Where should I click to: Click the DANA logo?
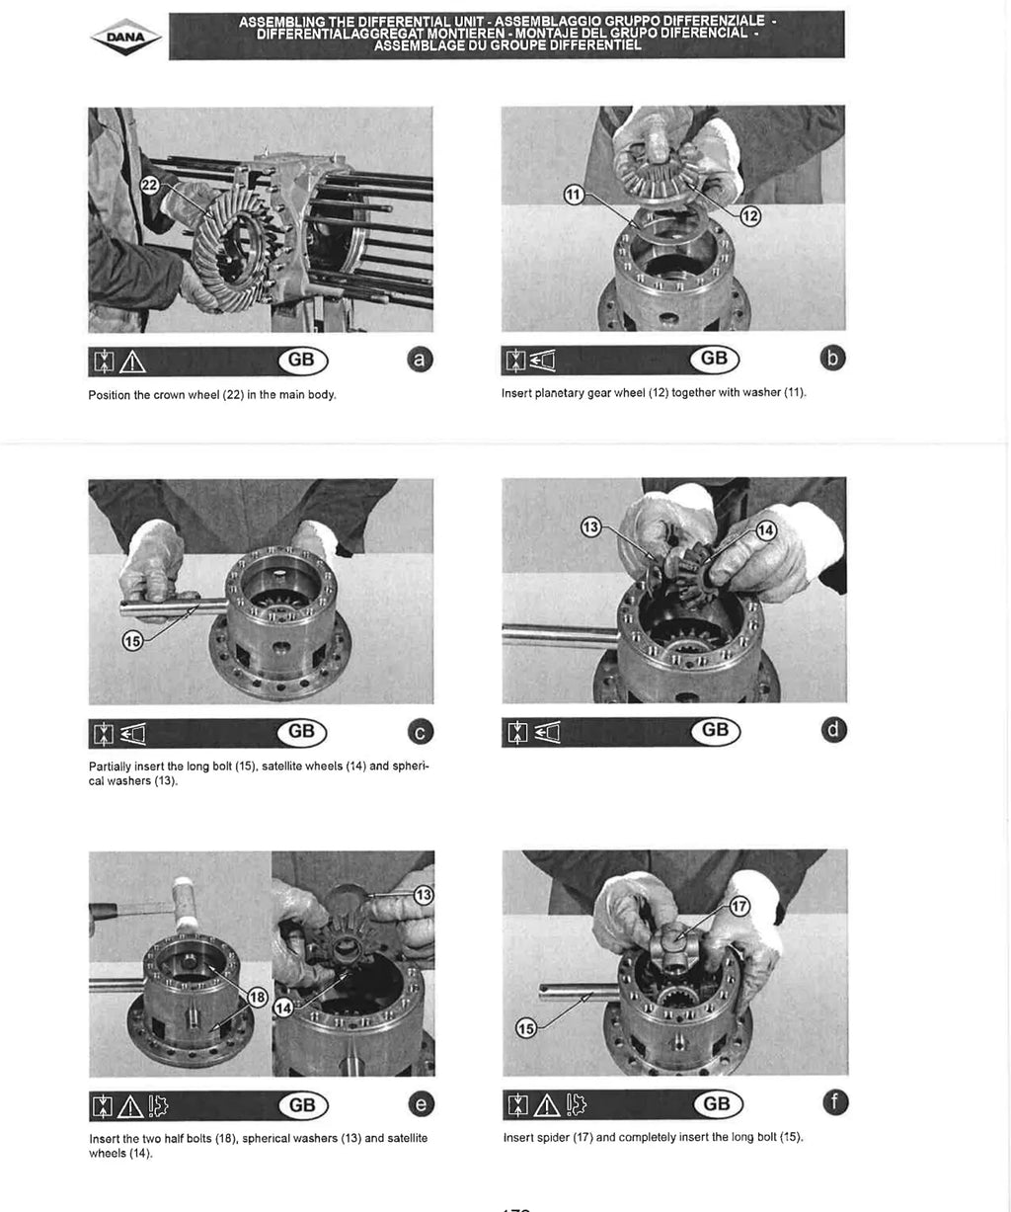coord(126,38)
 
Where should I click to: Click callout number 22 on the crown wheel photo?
coord(150,185)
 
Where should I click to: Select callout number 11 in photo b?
coord(574,195)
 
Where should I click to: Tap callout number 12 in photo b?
coord(750,216)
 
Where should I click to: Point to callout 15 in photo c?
coord(132,641)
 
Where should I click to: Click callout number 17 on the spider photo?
coord(739,906)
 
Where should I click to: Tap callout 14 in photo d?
coord(766,530)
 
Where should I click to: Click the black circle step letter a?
coord(420,360)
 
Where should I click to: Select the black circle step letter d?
coord(833,730)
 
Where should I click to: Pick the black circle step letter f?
coord(835,1101)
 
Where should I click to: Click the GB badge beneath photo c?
coord(302,731)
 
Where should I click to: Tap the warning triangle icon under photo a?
coord(132,363)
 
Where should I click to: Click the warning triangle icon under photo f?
coord(547,1104)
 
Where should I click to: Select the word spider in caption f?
coord(554,1138)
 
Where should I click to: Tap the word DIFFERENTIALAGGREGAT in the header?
coord(344,33)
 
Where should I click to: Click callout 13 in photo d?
coord(590,527)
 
